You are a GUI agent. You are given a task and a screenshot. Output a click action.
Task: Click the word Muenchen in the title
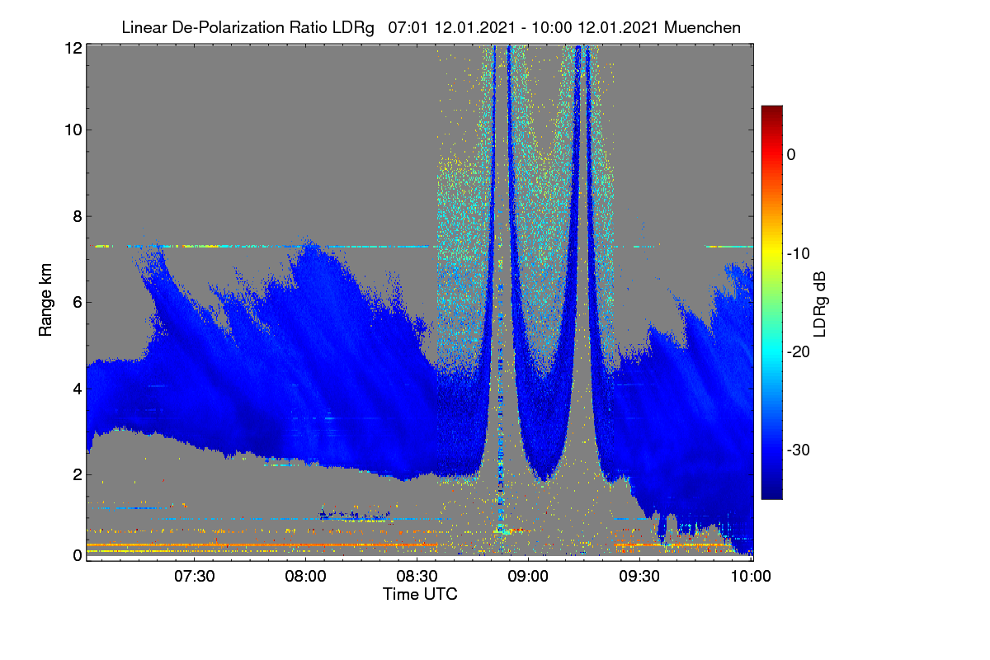(702, 27)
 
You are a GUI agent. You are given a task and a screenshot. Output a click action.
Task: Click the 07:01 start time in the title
(408, 27)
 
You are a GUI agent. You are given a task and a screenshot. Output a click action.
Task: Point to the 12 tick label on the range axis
(73, 48)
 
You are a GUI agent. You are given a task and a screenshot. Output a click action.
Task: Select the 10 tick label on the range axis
(73, 130)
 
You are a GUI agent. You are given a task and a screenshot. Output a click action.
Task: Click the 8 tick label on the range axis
(78, 216)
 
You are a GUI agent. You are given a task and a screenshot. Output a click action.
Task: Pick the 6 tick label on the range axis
(78, 303)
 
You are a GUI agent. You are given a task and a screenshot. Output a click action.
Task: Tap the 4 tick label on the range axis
(78, 389)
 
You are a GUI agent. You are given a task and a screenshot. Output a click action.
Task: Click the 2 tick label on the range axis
(78, 474)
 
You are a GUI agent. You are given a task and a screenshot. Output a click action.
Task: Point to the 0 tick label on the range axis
(78, 555)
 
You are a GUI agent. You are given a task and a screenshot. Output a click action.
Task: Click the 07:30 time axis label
(195, 576)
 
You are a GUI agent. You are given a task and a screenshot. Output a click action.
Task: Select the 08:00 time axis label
(306, 576)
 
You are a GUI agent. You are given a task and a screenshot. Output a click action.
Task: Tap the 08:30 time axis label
(417, 576)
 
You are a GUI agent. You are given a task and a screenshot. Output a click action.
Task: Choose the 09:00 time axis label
(528, 576)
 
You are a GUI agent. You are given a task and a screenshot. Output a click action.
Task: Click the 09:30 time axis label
(639, 576)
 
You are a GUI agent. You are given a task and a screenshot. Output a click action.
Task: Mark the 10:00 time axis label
(751, 576)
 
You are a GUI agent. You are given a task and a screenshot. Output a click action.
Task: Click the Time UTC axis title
(420, 594)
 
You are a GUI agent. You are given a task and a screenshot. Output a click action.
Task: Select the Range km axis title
(45, 299)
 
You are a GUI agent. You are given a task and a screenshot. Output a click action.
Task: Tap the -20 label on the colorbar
(799, 352)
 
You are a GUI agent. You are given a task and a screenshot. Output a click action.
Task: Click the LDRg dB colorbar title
(820, 304)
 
